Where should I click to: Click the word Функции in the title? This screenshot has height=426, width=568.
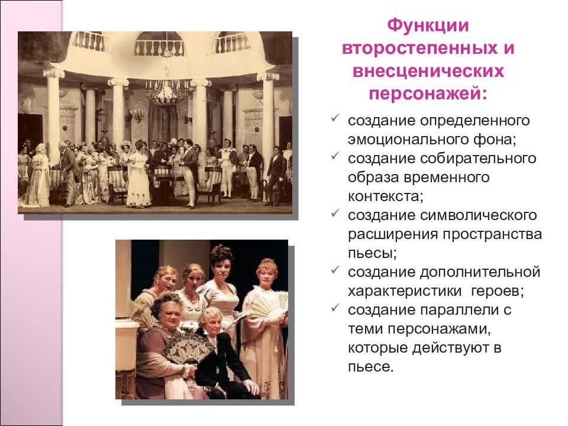coord(428,25)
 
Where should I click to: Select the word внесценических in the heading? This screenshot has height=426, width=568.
coord(428,72)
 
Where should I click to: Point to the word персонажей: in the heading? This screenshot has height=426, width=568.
coord(428,94)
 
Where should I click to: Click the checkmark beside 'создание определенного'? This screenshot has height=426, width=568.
coord(335,118)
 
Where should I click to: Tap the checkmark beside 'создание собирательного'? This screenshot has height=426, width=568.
coord(335,156)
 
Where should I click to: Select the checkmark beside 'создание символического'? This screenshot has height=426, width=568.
coord(335,213)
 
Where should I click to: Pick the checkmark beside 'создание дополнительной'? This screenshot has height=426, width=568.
coord(335,270)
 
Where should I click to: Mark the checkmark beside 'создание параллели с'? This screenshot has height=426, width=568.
coord(335,308)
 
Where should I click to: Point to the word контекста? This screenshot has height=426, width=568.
coord(385,196)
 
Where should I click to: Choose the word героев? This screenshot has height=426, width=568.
coord(498,291)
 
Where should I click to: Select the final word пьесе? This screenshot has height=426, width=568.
coord(370,367)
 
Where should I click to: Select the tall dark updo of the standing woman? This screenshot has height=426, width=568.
coord(221,253)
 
